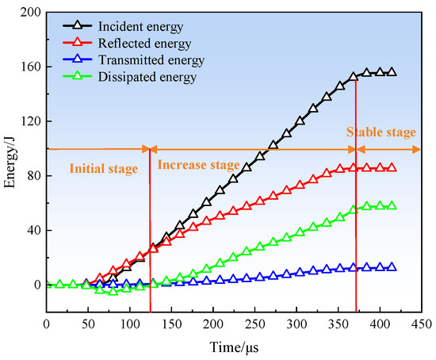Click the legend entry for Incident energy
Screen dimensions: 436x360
coord(140,27)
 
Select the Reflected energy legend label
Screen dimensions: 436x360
coord(144,44)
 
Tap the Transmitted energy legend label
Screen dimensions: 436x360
coord(151,60)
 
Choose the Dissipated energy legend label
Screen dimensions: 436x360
coord(147,77)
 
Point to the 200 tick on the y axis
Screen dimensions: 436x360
coord(30,12)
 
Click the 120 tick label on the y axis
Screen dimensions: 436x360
coord(30,121)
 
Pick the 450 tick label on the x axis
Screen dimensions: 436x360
coord(422,324)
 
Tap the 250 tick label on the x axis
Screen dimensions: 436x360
coord(254,324)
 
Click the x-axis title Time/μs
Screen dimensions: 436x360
coord(234,347)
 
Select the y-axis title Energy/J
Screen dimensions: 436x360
coord(10,163)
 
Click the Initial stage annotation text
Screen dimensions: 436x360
coord(103,169)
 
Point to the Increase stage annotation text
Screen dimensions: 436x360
coord(198,165)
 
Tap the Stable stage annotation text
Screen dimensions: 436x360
coord(381,132)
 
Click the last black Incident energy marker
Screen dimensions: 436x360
coord(392,72)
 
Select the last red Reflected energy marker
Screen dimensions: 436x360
coord(392,168)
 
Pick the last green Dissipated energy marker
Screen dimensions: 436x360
coord(392,205)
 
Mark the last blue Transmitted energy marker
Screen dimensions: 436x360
coord(392,266)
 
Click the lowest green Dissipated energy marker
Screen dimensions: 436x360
coord(113,291)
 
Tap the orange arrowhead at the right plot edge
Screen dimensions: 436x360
coord(417,150)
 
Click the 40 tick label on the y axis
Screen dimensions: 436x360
coord(33,231)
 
